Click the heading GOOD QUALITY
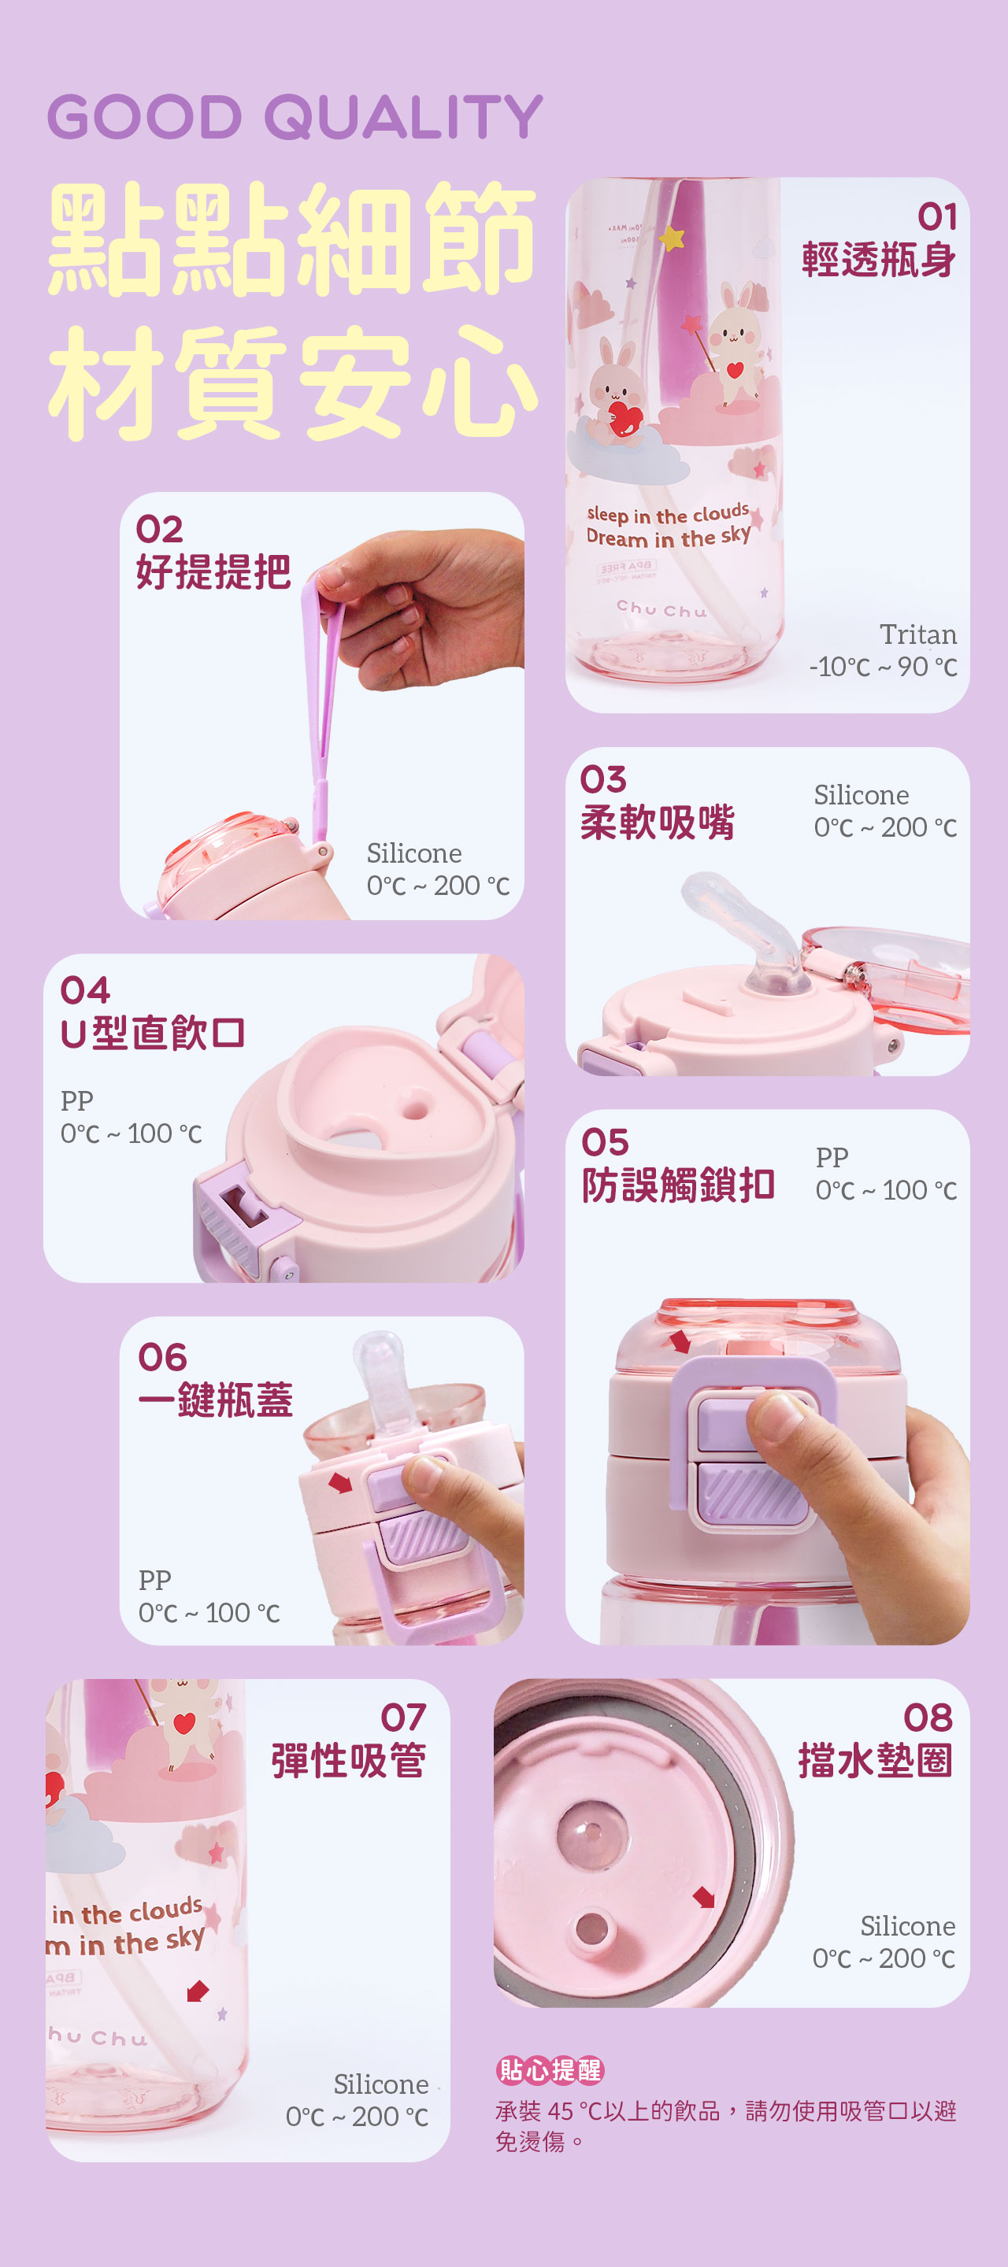(295, 117)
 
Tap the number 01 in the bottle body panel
(936, 216)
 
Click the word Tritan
(917, 634)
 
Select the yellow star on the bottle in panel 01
(673, 238)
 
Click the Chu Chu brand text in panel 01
(661, 609)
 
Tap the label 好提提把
(213, 572)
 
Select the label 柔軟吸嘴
(657, 823)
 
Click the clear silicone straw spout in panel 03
(748, 924)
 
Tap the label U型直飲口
(152, 1032)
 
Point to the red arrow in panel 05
(680, 1341)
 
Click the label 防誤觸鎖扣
(678, 1185)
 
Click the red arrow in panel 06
(340, 1483)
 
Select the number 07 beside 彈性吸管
(402, 1717)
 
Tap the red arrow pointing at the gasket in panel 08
(703, 1896)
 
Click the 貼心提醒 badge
(550, 2070)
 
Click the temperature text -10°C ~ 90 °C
(882, 667)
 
